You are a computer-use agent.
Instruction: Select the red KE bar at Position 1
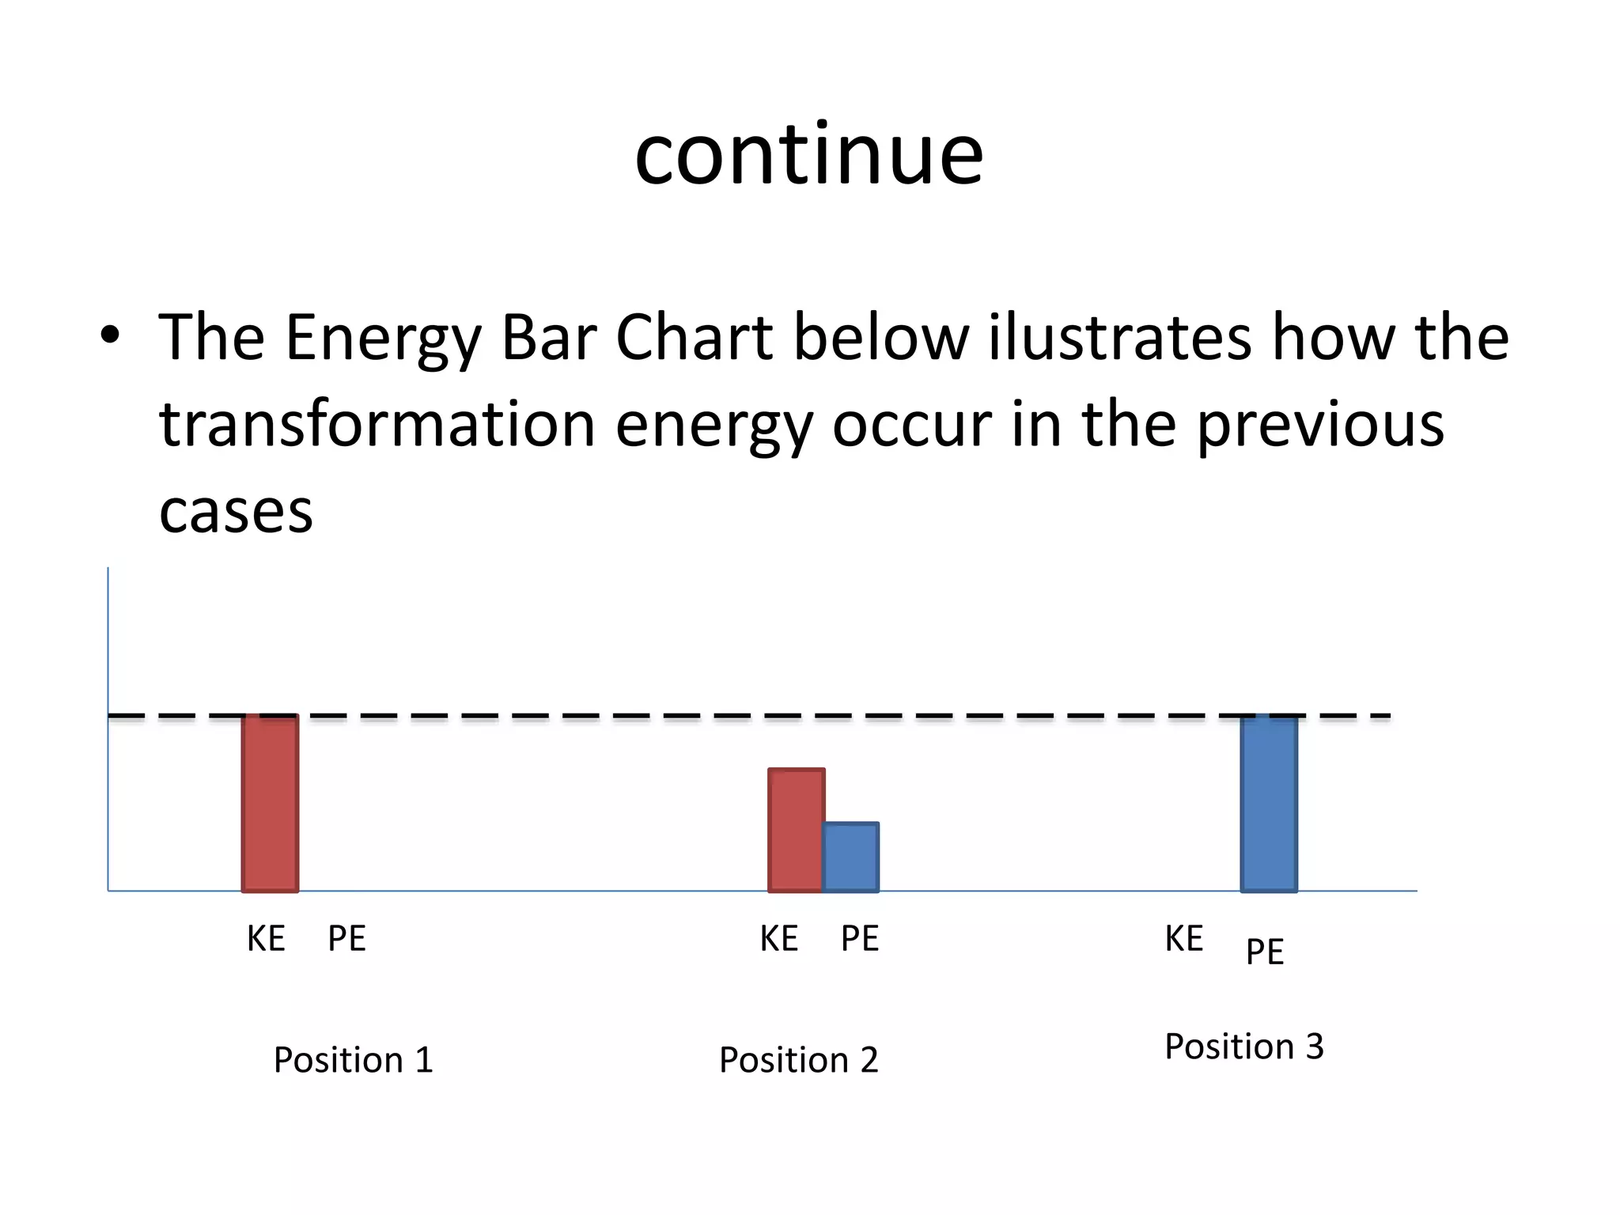pos(270,803)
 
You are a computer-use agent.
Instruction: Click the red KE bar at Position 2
pos(796,830)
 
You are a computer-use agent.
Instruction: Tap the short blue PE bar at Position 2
pos(850,857)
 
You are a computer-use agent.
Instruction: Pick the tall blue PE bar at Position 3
pos(1269,803)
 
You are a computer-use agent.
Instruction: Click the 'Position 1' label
pos(353,1060)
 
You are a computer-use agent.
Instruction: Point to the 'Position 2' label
pos(798,1060)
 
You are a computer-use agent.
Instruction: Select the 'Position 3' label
pos(1243,1047)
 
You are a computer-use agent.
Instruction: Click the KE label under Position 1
pos(266,939)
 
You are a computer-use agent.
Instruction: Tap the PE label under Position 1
pos(346,939)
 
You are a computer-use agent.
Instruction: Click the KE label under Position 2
pos(778,939)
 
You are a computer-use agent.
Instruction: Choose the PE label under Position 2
pos(860,939)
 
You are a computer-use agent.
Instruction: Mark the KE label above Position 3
pos(1183,939)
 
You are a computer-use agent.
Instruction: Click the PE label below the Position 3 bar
pos(1264,952)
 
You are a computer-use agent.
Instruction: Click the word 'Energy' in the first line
pos(383,339)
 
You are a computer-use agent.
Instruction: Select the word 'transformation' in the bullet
pos(377,424)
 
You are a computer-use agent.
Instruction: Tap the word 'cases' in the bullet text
pos(236,512)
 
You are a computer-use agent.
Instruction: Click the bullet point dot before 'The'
pos(110,335)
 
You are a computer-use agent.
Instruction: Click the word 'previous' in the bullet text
pos(1319,426)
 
